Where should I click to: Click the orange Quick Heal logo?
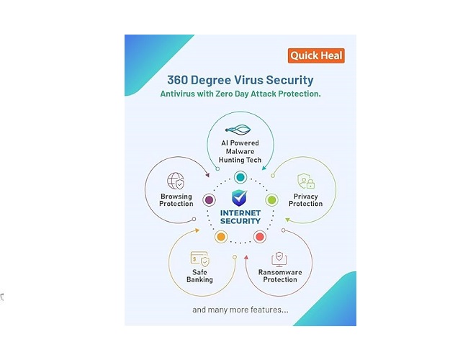tap(317, 55)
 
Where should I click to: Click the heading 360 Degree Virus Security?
tap(240, 80)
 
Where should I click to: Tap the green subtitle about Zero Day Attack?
tap(240, 94)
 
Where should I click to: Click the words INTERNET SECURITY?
tap(240, 218)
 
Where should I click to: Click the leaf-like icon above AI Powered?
tap(240, 130)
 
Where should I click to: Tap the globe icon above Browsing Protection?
tap(176, 181)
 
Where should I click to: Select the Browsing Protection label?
tap(176, 199)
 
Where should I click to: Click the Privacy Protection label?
tap(305, 199)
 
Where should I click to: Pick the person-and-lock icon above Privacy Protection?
tap(305, 181)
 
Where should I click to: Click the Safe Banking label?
tap(199, 276)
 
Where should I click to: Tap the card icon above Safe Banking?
tap(199, 258)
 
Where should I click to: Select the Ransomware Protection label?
tap(279, 276)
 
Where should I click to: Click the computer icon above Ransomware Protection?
tap(279, 258)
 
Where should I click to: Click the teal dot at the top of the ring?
tap(240, 177)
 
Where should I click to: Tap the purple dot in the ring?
tap(209, 199)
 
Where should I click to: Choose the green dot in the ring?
tap(272, 199)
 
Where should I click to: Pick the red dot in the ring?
tap(260, 236)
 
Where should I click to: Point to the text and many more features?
tap(240, 310)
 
